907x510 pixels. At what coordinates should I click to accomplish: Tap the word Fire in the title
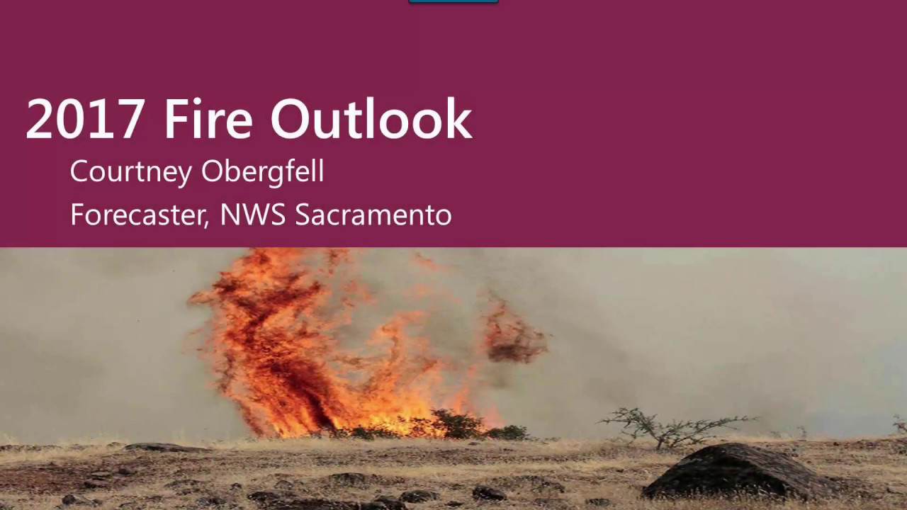click(x=208, y=119)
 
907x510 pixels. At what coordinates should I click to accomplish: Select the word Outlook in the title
click(x=371, y=119)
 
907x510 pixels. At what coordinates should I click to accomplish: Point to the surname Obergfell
click(x=262, y=172)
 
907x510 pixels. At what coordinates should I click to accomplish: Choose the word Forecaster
click(x=138, y=215)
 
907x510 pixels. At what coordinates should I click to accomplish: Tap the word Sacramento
click(x=373, y=215)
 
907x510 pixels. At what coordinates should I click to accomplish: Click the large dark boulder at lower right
click(x=737, y=471)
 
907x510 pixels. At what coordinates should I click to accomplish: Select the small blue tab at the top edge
click(x=453, y=2)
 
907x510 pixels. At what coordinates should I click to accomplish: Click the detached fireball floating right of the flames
click(x=514, y=333)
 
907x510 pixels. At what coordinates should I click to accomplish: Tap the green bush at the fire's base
click(x=457, y=425)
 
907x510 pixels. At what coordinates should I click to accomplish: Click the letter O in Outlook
click(x=292, y=119)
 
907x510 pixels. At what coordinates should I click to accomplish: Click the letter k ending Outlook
click(x=458, y=119)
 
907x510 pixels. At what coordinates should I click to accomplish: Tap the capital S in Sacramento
click(x=303, y=215)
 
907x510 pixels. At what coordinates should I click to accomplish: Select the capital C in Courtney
click(x=79, y=172)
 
